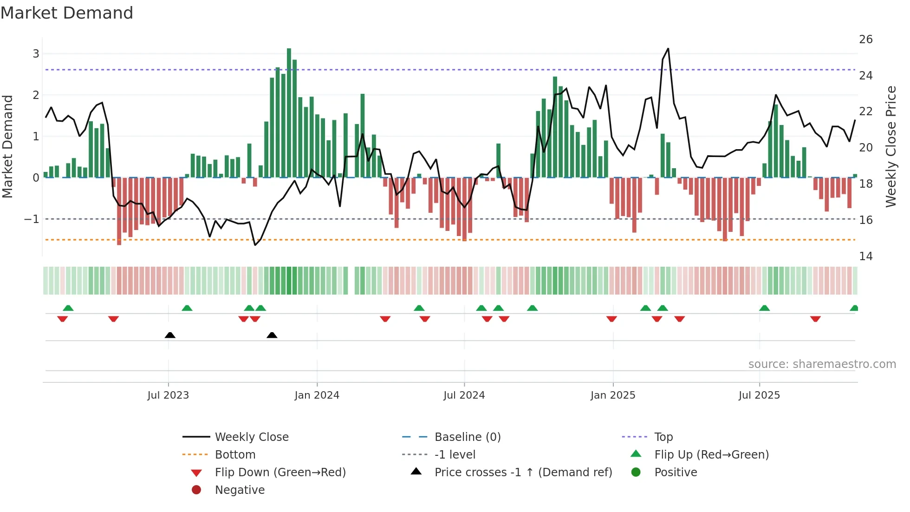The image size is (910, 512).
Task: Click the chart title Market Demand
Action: (67, 13)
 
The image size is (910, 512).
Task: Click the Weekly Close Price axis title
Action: (890, 146)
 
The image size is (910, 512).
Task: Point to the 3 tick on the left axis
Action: (36, 54)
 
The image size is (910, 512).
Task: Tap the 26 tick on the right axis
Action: (865, 39)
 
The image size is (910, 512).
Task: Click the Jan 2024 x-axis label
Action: (317, 395)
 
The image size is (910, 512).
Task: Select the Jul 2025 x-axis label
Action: (759, 395)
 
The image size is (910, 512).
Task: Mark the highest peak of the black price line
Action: (668, 49)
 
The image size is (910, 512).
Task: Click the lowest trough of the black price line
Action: (255, 245)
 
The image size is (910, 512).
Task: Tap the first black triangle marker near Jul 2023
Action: (170, 335)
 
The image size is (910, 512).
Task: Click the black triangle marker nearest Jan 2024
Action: (272, 335)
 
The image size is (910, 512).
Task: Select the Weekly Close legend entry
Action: (251, 437)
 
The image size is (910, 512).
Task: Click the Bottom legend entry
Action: (235, 455)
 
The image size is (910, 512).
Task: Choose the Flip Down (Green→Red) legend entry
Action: (280, 473)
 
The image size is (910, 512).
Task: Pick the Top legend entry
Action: (663, 437)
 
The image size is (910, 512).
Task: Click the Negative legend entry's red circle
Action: (196, 490)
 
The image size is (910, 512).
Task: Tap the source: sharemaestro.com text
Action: (822, 364)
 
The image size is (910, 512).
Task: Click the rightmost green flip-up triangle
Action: (854, 308)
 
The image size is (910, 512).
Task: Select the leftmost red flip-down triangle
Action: (63, 319)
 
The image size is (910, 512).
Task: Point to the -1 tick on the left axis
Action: (32, 219)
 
